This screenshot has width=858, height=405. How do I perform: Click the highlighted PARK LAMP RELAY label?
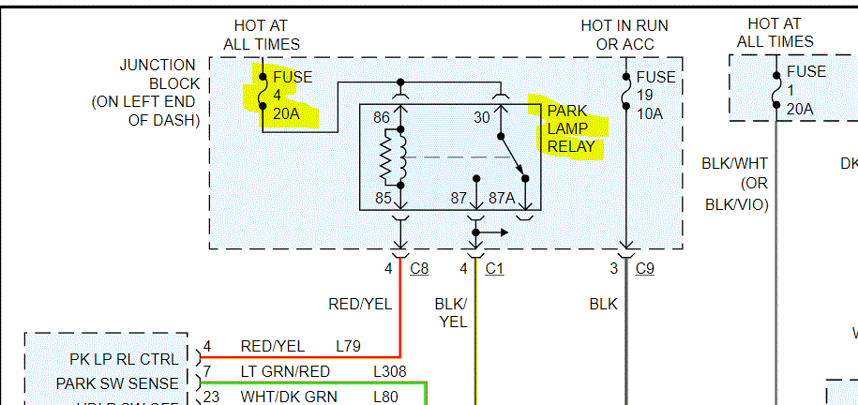pos(571,128)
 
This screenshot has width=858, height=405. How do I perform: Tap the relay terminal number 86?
pos(381,118)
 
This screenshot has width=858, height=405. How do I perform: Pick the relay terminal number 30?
pos(482,118)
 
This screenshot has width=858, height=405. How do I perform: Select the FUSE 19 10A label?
pos(654,96)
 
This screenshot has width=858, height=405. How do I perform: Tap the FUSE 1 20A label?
pos(805,90)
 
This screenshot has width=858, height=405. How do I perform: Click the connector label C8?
pos(419,269)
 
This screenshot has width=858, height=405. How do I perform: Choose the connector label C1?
pos(494,269)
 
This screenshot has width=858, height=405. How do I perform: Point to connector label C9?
pos(644,269)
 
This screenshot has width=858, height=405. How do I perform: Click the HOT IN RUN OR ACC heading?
pos(624,35)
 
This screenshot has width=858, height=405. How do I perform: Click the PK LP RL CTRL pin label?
pos(124,359)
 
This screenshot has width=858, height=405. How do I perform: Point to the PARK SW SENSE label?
pos(116,383)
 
